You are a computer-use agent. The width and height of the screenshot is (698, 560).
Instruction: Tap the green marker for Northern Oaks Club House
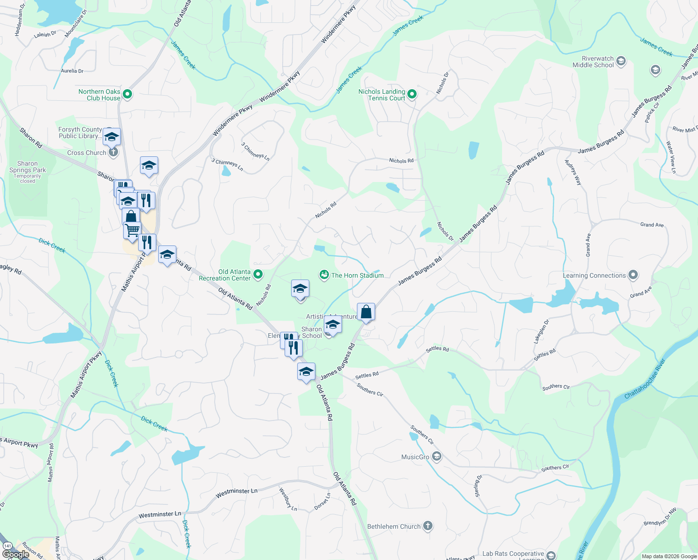[127, 95]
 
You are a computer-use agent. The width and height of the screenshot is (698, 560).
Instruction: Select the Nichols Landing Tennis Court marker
[412, 95]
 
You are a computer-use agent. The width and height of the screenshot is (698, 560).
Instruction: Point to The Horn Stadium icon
[324, 275]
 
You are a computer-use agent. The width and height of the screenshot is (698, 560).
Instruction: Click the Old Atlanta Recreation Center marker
[258, 275]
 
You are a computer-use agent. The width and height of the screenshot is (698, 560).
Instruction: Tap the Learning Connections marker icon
[633, 275]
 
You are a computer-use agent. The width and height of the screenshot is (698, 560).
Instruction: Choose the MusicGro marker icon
[436, 456]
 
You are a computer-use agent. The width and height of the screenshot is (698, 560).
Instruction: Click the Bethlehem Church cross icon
[427, 526]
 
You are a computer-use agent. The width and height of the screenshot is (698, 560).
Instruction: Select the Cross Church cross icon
[113, 153]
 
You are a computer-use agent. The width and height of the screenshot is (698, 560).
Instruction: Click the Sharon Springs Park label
[28, 167]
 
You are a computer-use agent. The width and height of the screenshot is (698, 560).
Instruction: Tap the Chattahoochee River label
[645, 378]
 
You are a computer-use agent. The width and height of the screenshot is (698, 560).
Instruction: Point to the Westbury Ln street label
[288, 499]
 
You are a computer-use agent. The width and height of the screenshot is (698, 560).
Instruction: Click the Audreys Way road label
[573, 172]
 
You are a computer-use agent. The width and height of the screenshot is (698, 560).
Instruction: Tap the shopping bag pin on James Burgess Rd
[366, 312]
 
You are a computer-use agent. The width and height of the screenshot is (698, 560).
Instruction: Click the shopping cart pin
[132, 230]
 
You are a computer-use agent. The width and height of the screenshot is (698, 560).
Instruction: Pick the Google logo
[16, 554]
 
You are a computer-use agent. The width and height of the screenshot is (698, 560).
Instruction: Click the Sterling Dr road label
[478, 486]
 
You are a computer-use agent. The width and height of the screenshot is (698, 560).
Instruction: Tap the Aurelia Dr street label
[72, 71]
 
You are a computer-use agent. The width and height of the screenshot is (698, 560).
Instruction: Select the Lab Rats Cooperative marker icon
[551, 555]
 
